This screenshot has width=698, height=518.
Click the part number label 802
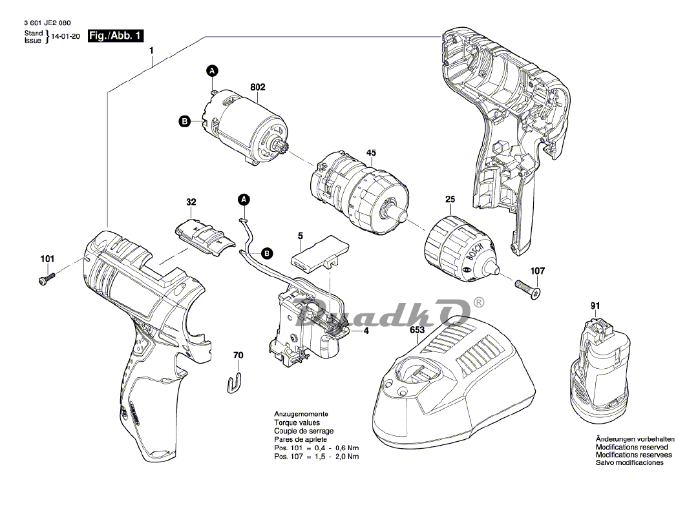pos(258,87)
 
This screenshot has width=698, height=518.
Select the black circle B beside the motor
pos(184,121)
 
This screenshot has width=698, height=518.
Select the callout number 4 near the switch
pos(366,331)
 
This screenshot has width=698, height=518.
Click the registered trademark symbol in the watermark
pos(478,302)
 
